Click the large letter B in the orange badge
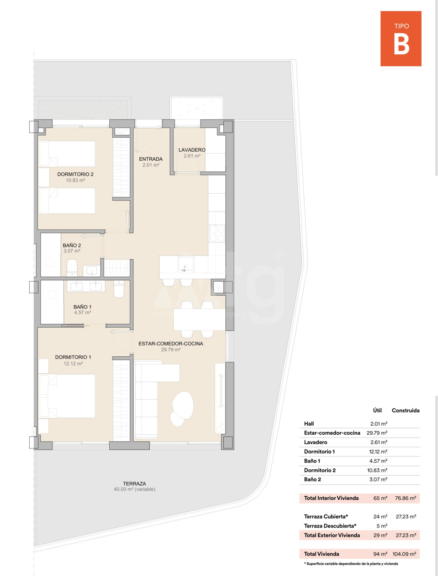401,45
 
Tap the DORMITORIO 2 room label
75,174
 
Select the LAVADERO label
192,150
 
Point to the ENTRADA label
151,159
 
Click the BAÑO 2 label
72,245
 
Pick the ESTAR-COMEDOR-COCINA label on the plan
171,344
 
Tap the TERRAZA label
135,483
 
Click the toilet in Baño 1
119,289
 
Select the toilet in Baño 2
72,268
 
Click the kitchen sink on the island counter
186,264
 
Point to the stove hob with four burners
217,233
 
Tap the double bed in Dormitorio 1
67,396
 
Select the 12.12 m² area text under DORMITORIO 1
73,364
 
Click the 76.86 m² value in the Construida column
406,498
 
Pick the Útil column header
377,410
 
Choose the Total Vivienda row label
321,554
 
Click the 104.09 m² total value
404,554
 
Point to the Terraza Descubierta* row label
330,526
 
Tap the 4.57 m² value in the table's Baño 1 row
379,461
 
